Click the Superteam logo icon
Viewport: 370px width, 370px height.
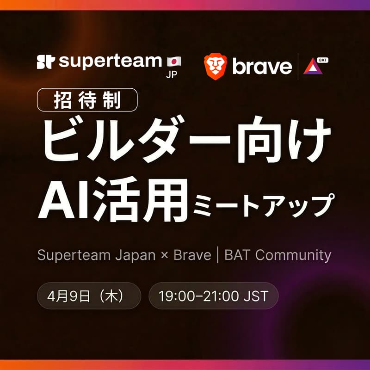pyautogui.click(x=46, y=62)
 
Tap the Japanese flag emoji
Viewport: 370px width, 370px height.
pyautogui.click(x=174, y=61)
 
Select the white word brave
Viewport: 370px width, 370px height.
pyautogui.click(x=262, y=67)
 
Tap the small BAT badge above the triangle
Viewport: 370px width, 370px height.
pyautogui.click(x=324, y=60)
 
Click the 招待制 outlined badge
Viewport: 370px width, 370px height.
pyautogui.click(x=87, y=99)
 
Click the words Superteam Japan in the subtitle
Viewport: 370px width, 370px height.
pyautogui.click(x=96, y=255)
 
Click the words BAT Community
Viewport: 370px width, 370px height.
pyautogui.click(x=277, y=255)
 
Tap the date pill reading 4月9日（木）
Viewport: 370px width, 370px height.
pyautogui.click(x=88, y=296)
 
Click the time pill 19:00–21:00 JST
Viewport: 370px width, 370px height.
pyautogui.click(x=213, y=296)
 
